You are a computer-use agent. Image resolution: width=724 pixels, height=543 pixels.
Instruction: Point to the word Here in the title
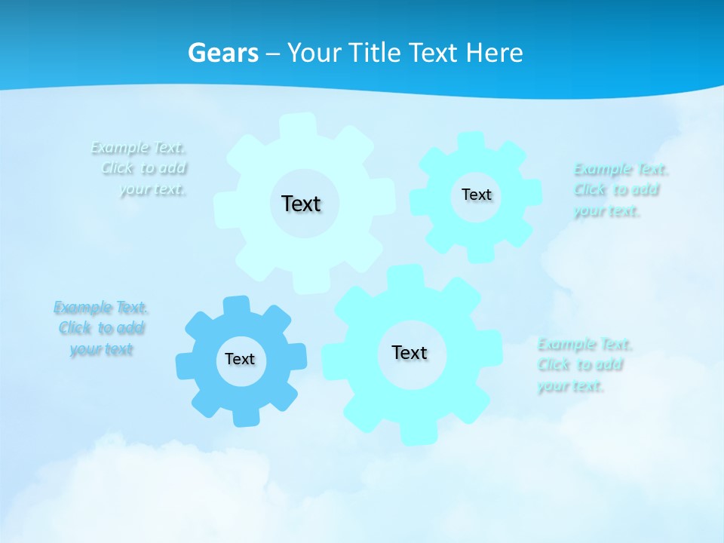pyautogui.click(x=494, y=53)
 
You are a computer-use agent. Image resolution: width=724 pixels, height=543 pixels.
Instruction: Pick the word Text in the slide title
pyautogui.click(x=433, y=53)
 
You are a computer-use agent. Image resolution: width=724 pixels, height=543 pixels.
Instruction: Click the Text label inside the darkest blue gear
pyautogui.click(x=240, y=359)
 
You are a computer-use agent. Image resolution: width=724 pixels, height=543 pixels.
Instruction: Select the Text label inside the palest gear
pyautogui.click(x=301, y=204)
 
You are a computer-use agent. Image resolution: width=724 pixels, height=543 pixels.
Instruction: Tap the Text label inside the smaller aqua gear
pyautogui.click(x=476, y=195)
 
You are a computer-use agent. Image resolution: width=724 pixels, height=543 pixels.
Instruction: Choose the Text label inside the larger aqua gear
pyautogui.click(x=410, y=352)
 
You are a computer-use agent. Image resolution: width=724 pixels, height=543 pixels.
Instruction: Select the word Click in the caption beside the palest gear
pyautogui.click(x=118, y=168)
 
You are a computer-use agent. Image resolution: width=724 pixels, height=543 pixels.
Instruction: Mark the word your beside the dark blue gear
pyautogui.click(x=86, y=349)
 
